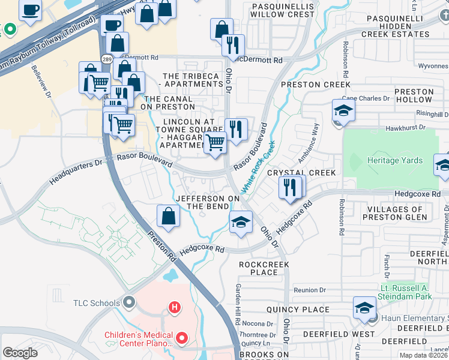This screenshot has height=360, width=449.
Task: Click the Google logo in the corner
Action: coord(20,353)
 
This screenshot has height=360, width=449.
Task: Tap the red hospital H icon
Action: coord(175,308)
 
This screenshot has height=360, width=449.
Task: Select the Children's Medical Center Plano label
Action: coord(139,339)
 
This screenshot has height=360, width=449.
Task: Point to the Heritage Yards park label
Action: coord(396,160)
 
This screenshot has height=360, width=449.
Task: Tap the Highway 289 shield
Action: coord(106,60)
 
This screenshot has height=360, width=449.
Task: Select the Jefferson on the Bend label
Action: coord(208,202)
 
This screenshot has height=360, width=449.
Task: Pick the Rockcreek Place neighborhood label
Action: coord(264,268)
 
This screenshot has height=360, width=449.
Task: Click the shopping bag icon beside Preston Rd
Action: coord(169,216)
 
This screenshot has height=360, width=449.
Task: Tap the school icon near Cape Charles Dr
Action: coord(343,110)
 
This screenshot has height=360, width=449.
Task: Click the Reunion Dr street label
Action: coord(310,290)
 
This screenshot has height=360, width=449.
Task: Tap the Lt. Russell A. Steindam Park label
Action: coord(414,292)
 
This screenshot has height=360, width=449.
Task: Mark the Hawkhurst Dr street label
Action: coord(406,127)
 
